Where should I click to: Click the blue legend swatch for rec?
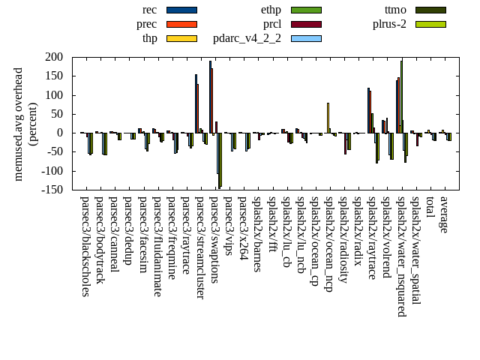pyautogui.click(x=181, y=10)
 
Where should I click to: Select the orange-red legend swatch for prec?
pyautogui.click(x=181, y=24)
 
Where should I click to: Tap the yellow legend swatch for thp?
pyautogui.click(x=181, y=38)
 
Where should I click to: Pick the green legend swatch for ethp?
pyautogui.click(x=306, y=10)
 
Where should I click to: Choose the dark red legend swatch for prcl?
pyautogui.click(x=306, y=24)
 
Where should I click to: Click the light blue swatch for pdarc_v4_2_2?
pyautogui.click(x=306, y=38)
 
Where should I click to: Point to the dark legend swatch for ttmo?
pyautogui.click(x=430, y=10)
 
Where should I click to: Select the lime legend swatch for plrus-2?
pyautogui.click(x=430, y=24)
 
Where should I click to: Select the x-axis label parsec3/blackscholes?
pyautogui.click(x=85, y=246)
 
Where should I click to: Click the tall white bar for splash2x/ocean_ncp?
pyautogui.click(x=328, y=118)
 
